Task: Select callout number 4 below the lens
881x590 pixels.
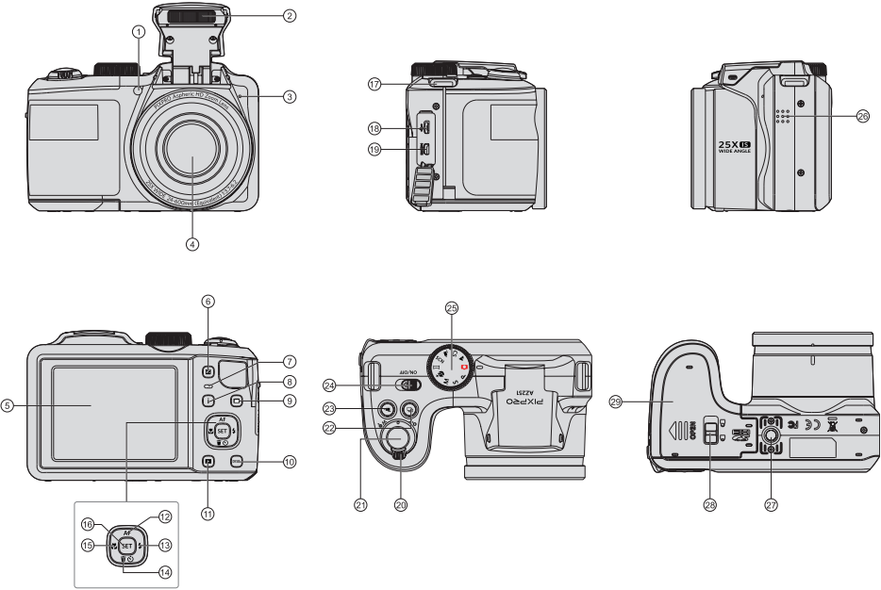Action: pyautogui.click(x=192, y=243)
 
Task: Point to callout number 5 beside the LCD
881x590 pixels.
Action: pyautogui.click(x=8, y=406)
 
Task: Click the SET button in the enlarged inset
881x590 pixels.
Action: pyautogui.click(x=123, y=544)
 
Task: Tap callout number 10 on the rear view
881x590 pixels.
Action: pyautogui.click(x=290, y=462)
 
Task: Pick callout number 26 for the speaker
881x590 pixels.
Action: pyautogui.click(x=862, y=116)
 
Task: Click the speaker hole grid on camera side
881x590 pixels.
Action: pyautogui.click(x=782, y=116)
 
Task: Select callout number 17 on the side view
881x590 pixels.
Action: pyautogui.click(x=374, y=84)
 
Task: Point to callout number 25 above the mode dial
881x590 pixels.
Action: pyautogui.click(x=451, y=308)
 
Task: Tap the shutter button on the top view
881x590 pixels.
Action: pyautogui.click(x=398, y=439)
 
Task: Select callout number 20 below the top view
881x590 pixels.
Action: pyautogui.click(x=400, y=505)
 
